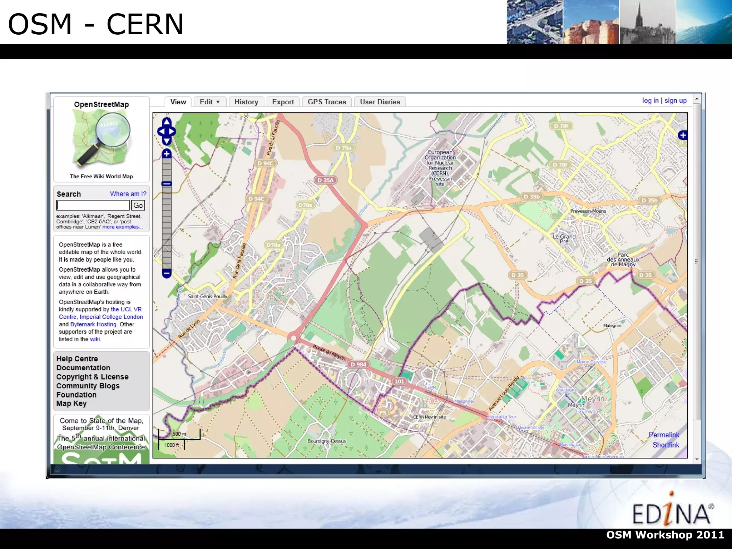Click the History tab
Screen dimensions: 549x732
[x=246, y=102]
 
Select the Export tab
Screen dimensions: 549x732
[x=283, y=102]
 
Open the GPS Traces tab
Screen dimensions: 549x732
[x=327, y=102]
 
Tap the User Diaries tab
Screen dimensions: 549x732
[x=380, y=102]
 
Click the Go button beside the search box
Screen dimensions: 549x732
[x=138, y=205]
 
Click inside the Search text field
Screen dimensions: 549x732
[x=93, y=205]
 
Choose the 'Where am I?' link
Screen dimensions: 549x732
[x=128, y=194]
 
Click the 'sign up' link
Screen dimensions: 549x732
[x=675, y=100]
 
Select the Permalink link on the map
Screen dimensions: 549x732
[x=664, y=435]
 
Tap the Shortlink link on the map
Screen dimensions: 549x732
[x=666, y=445]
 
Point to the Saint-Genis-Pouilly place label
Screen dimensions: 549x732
[x=208, y=296]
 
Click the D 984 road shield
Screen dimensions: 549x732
[x=358, y=364]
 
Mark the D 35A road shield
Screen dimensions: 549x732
[x=325, y=180]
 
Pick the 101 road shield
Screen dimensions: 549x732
[x=399, y=381]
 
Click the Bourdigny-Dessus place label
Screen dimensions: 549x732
[x=327, y=441]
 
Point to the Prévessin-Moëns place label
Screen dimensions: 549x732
[x=588, y=211]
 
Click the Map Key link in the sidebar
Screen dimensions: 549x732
[x=71, y=404]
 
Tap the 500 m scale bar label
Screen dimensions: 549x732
[x=179, y=434]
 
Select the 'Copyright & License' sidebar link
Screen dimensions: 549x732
[x=92, y=377]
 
